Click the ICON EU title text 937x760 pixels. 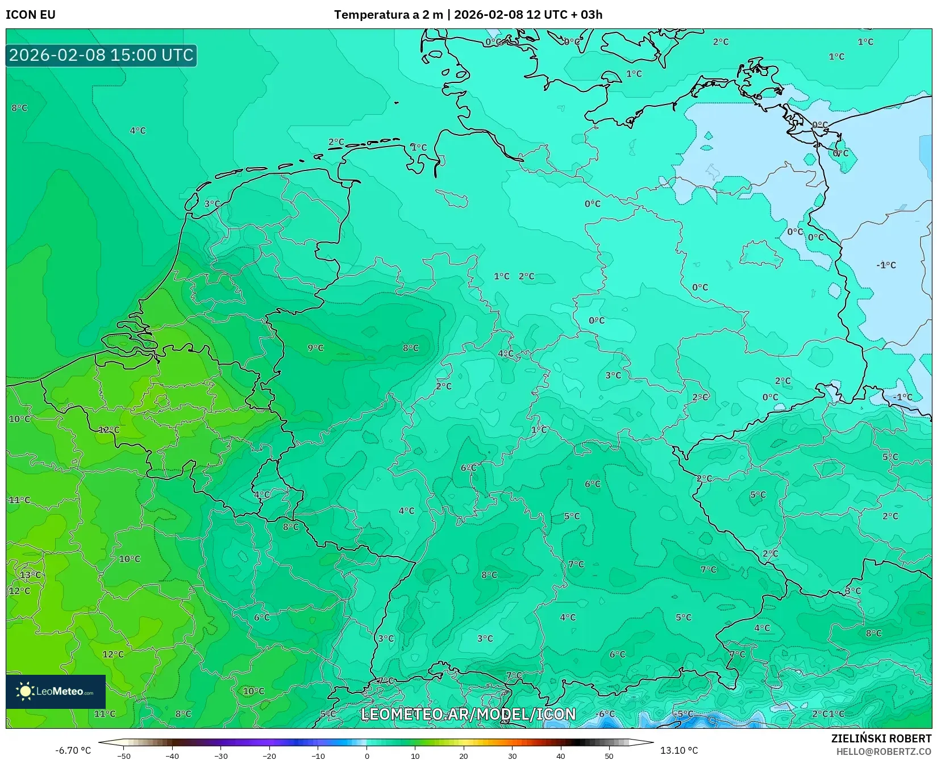(x=31, y=15)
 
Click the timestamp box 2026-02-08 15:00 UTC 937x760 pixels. (x=101, y=55)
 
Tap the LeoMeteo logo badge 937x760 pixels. (x=56, y=691)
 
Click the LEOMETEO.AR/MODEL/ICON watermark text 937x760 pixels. (x=468, y=714)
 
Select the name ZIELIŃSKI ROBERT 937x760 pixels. (x=881, y=739)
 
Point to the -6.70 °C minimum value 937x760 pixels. (x=73, y=750)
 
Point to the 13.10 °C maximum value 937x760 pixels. (x=679, y=750)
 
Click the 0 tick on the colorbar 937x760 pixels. (x=367, y=755)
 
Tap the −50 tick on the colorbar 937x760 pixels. (x=123, y=755)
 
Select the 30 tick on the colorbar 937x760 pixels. (x=513, y=755)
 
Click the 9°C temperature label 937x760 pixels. (x=315, y=348)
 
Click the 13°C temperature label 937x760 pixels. (x=31, y=575)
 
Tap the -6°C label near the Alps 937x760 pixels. (x=605, y=713)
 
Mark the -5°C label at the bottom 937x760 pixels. (x=684, y=713)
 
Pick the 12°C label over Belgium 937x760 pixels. (x=109, y=429)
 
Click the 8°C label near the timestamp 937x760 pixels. (x=19, y=107)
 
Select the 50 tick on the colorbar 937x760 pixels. (x=609, y=755)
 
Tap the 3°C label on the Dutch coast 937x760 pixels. (x=212, y=203)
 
